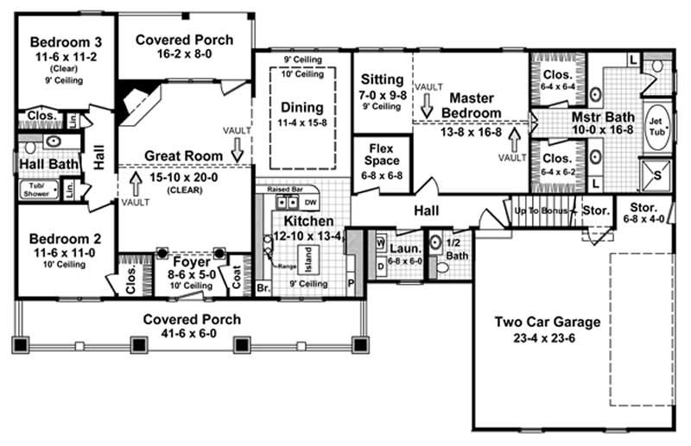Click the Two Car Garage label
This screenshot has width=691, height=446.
click(x=547, y=323)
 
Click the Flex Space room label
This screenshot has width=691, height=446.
click(x=382, y=154)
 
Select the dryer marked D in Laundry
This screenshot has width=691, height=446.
click(x=381, y=267)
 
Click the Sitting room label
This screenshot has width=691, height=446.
click(x=382, y=79)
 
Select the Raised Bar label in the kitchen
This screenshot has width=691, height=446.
click(x=282, y=188)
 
